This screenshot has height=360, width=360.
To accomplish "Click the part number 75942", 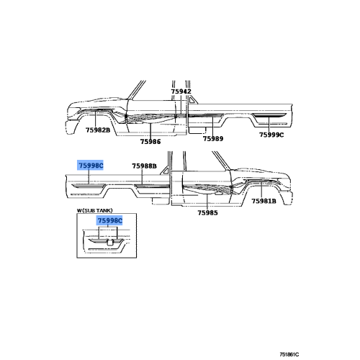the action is [x=181, y=91].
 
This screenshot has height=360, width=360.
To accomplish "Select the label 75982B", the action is [x=98, y=130].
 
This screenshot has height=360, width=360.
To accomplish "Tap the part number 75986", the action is [x=150, y=142].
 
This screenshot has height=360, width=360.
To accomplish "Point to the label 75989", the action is [x=213, y=139].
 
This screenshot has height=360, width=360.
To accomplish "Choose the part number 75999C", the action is [x=271, y=135].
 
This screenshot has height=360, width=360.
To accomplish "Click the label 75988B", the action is [x=144, y=166].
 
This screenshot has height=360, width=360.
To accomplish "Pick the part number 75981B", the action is [x=264, y=201].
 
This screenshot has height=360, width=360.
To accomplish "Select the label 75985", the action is [x=207, y=212].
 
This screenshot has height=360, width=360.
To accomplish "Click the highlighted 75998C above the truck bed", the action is [x=91, y=166].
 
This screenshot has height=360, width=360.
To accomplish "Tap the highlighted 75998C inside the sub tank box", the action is [x=109, y=220].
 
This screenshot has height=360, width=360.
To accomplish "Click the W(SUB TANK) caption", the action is [x=94, y=210].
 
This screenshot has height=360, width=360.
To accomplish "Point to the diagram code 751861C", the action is [x=289, y=354].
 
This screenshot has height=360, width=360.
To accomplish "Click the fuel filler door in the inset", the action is [x=110, y=243].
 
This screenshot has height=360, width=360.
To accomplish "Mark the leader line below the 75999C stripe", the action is [x=269, y=124].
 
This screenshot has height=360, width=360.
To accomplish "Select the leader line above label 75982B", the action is [x=95, y=119].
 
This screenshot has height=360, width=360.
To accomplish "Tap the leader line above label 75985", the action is [x=207, y=202].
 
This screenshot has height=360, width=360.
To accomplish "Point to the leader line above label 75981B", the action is [x=261, y=190].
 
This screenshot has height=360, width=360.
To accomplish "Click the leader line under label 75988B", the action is [x=142, y=177].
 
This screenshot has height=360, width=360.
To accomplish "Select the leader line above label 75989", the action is [x=212, y=125].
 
